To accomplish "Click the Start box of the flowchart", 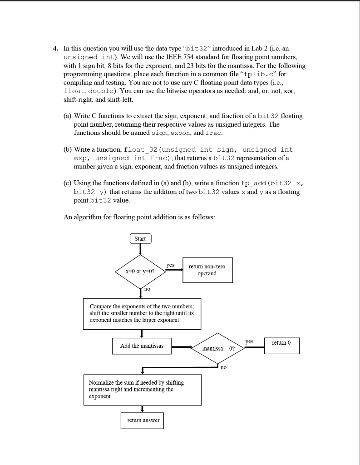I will tap(140, 238).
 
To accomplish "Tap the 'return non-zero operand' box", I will tap(207, 270).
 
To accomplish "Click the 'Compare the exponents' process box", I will tap(142, 314).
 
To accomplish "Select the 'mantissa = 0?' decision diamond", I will tap(218, 348).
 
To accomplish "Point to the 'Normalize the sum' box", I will tap(143, 390).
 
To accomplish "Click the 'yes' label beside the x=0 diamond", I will tap(170, 265).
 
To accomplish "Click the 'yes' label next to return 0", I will tap(249, 341).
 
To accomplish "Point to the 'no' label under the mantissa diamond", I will tap(223, 367).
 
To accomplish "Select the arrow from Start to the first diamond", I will tap(140, 249).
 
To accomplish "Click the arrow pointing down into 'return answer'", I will tap(143, 408).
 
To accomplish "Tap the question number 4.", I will tap(54, 49).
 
